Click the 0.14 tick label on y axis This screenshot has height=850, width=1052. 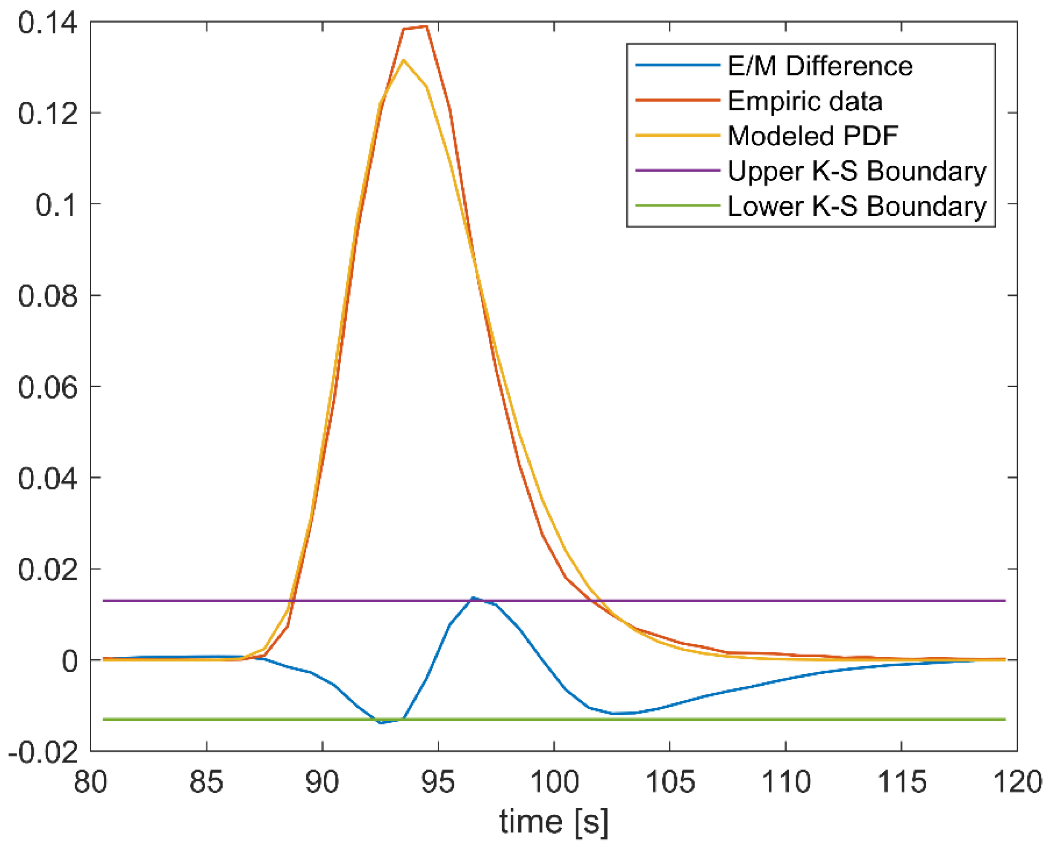pos(47,23)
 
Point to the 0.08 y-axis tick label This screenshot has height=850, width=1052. pos(47,296)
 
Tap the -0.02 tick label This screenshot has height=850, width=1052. pos(43,753)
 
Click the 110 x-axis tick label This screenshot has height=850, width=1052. pos(785,783)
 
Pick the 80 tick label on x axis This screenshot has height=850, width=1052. pos(90,783)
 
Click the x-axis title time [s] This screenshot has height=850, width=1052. pos(553,821)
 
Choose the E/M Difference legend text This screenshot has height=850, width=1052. pos(820,66)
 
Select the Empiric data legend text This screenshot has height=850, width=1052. pos(805,101)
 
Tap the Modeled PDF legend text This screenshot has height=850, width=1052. pos(813,136)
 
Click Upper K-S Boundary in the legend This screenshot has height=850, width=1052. pos(857,171)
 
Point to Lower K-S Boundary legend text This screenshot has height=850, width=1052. pos(857,206)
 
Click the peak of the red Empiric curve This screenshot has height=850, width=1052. pos(426,26)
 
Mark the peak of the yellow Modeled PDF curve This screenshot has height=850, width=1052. pos(403,60)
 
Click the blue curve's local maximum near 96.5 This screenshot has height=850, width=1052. pos(473,598)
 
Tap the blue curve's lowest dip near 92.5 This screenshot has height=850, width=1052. pos(381,723)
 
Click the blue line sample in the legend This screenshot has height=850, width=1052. pos(678,66)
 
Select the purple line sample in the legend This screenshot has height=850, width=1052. pos(678,171)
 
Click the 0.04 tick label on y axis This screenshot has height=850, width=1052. pos(47,479)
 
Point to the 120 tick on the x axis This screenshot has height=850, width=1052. pos(1017,783)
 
